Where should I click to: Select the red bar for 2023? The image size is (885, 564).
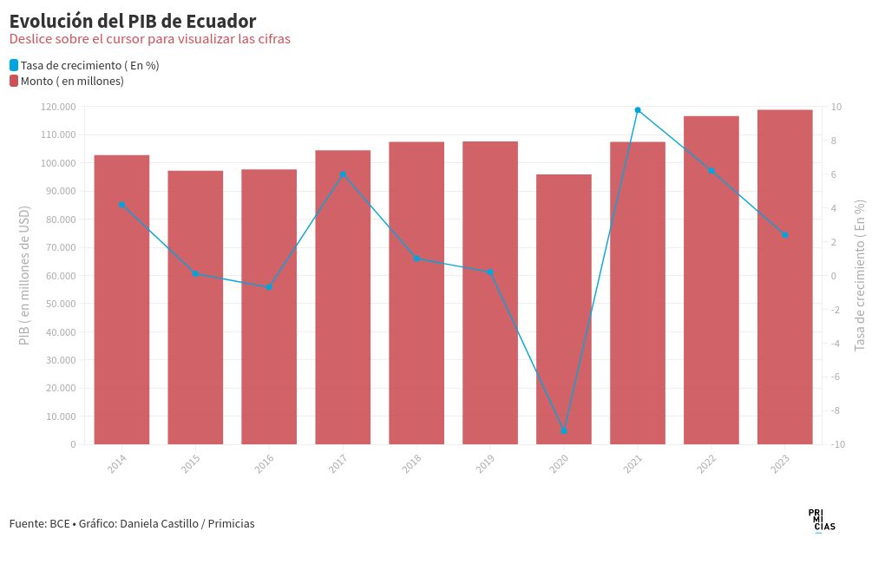784,277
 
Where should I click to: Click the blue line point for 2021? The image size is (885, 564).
638,110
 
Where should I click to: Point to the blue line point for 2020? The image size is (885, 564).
564,430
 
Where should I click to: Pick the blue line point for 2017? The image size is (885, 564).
343,174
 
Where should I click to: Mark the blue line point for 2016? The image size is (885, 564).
269,287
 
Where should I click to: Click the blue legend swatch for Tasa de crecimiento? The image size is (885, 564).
14,65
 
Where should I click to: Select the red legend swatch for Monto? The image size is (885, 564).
14,81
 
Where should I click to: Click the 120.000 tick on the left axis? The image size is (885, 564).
58,107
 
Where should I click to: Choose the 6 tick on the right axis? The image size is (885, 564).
835,174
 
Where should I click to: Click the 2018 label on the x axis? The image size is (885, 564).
411,463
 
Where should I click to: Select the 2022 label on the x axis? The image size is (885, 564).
706,463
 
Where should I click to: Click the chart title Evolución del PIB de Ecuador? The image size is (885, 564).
133,21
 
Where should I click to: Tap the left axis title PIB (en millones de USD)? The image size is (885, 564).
24,275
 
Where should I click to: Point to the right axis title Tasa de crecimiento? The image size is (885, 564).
860,275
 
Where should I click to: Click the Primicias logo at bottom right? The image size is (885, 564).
821,520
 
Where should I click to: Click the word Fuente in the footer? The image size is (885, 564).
27,523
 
